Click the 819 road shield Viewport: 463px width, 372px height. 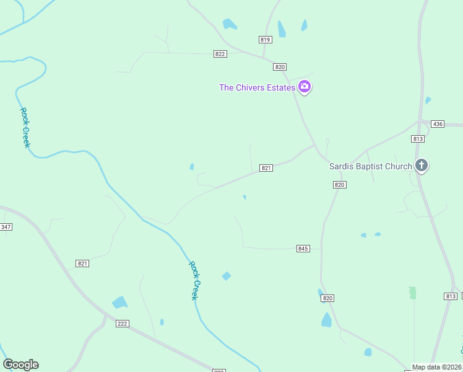coord(266,40)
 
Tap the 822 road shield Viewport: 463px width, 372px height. coord(220,54)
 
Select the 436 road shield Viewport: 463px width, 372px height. coord(438,124)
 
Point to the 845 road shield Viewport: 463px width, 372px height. coord(303,249)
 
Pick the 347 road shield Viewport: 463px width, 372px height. coord(6,227)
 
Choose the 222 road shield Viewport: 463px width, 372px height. coord(122,324)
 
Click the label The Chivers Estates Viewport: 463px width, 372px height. coord(257,87)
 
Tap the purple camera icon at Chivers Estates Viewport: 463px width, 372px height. coord(304,87)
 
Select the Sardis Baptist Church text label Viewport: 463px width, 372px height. coord(370,166)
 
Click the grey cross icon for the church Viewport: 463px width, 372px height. coord(422,166)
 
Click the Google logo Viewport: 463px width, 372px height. coord(20,365)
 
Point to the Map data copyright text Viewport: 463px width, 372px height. coord(437,367)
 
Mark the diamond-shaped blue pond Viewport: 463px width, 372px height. coord(227,276)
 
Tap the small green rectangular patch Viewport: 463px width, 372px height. coord(413,293)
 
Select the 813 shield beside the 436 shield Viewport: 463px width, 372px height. coord(417,139)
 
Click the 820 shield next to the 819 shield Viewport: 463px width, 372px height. coord(280,67)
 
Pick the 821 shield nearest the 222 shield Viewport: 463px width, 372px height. coord(82,263)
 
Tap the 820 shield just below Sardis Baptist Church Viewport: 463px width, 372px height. coord(339,185)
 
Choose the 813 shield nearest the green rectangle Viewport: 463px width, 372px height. coord(451,296)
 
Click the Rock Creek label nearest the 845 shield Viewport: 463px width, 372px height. coord(195,280)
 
